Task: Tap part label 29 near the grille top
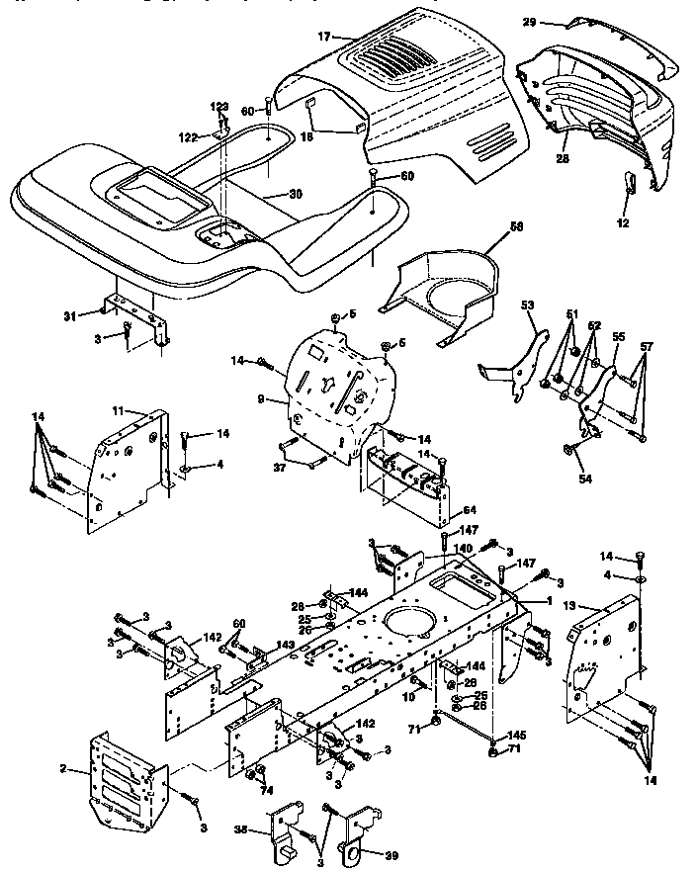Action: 529,21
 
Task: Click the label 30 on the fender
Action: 294,194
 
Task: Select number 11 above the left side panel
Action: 117,408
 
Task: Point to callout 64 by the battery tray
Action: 468,510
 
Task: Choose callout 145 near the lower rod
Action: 515,735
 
